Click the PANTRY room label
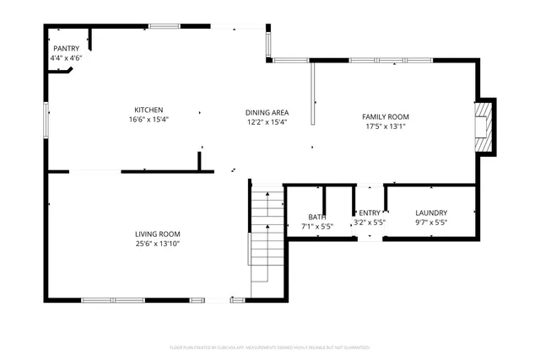pyautogui.click(x=66, y=49)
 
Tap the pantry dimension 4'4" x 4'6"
pyautogui.click(x=66, y=58)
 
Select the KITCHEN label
pyautogui.click(x=148, y=110)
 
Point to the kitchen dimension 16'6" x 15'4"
pyautogui.click(x=148, y=120)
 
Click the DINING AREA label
pyautogui.click(x=267, y=112)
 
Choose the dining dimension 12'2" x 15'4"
pyautogui.click(x=267, y=122)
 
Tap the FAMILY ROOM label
pyautogui.click(x=386, y=116)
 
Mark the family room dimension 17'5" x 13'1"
pyautogui.click(x=386, y=126)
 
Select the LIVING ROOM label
pyautogui.click(x=158, y=234)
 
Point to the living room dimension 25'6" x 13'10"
pyautogui.click(x=158, y=244)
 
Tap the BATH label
pyautogui.click(x=317, y=215)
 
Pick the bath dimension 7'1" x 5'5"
pyautogui.click(x=317, y=225)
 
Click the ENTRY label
pyautogui.click(x=370, y=213)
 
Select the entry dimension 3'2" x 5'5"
pyautogui.click(x=370, y=223)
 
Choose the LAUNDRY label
pyautogui.click(x=431, y=213)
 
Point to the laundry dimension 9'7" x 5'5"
pyautogui.click(x=431, y=223)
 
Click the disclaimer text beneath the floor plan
pyautogui.click(x=269, y=347)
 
